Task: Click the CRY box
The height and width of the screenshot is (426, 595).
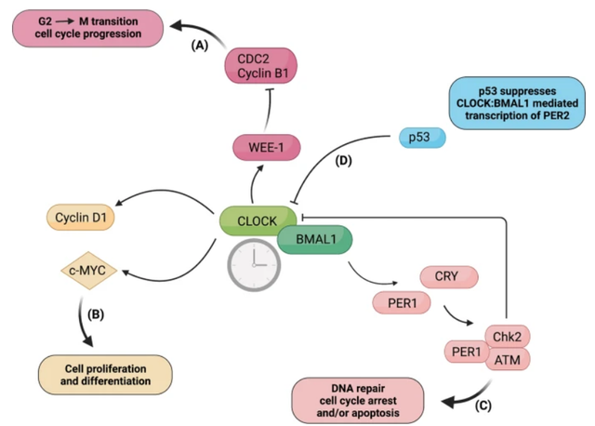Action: (449, 276)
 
